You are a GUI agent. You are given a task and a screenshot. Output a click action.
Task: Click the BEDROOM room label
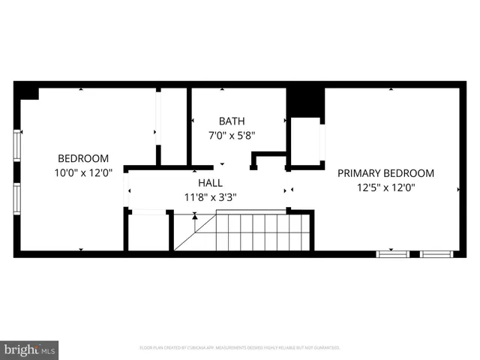click(83, 158)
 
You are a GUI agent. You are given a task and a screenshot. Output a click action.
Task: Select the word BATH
click(232, 121)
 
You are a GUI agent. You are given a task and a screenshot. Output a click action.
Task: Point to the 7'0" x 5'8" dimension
click(232, 136)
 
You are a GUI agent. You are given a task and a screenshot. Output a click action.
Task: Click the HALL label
click(209, 182)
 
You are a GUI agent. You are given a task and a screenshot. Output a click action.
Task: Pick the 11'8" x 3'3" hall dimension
click(209, 197)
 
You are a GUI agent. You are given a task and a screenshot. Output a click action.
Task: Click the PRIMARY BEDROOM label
click(385, 172)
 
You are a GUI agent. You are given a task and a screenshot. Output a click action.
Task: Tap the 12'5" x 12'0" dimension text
click(385, 187)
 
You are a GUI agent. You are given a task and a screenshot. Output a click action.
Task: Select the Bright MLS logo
click(30, 349)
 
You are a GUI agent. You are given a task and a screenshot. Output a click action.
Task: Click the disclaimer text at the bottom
click(240, 348)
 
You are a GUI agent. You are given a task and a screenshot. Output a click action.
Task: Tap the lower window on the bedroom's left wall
click(17, 199)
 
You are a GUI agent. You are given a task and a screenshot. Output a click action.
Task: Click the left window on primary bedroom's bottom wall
click(393, 254)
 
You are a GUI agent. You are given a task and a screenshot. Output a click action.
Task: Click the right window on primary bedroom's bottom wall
click(436, 254)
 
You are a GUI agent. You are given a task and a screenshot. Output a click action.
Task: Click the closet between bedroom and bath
click(173, 126)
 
